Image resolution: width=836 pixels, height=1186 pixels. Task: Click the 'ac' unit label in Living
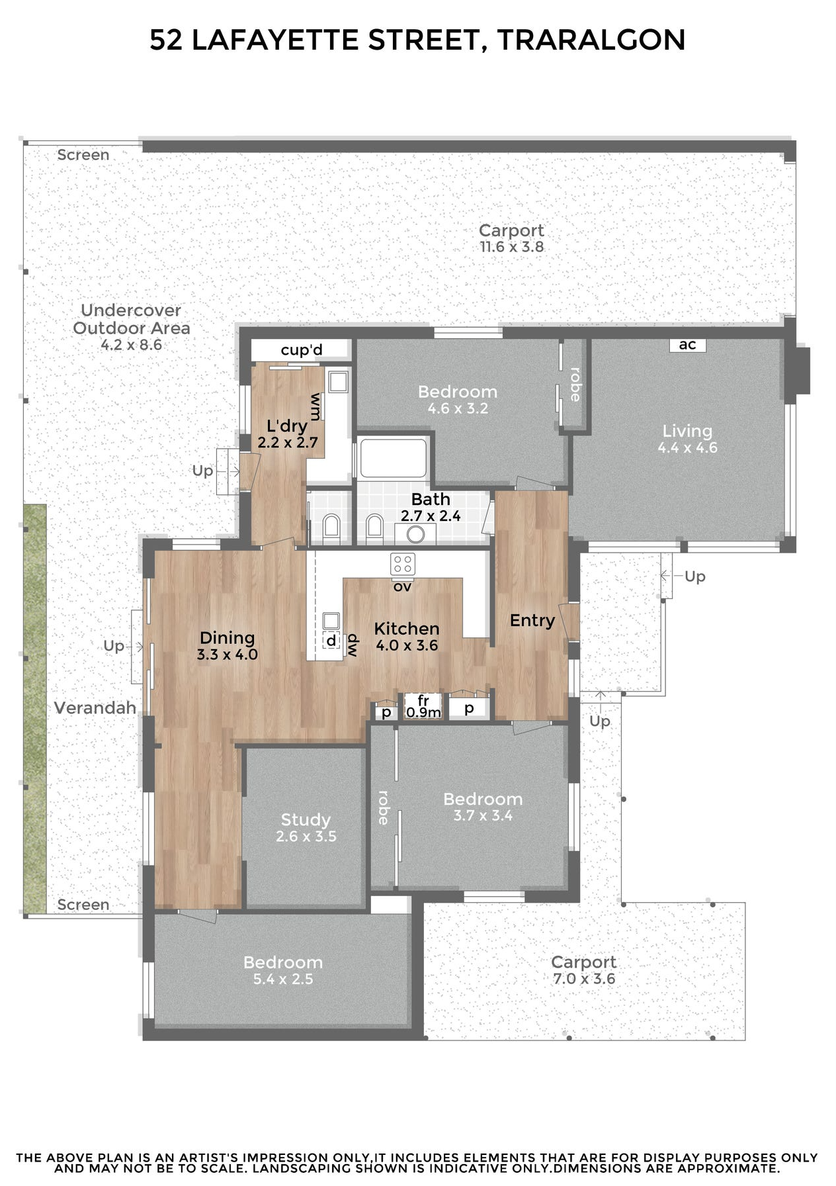pos(687,345)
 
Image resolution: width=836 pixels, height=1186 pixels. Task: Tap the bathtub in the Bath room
pos(393,457)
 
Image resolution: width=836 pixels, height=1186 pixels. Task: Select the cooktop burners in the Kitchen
pos(403,564)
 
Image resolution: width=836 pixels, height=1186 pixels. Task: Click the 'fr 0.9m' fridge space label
pos(423,706)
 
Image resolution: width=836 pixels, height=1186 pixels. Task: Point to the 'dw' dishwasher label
pos(353,645)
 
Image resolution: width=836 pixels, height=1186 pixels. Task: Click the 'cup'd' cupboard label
pos(302,350)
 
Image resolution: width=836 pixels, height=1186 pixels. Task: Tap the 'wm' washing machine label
pos(316,406)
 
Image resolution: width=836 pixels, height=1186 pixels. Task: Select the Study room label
pos(306,820)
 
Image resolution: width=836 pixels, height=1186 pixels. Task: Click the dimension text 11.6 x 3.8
pos(512,247)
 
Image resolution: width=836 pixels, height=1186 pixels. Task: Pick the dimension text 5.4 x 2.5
pos(283,979)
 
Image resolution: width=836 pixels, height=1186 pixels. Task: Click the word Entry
pos(532,621)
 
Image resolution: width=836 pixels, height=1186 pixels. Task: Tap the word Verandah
pos(95,708)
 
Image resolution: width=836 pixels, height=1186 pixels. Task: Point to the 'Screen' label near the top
pos(83,155)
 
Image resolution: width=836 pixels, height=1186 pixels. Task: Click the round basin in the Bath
pos(415,533)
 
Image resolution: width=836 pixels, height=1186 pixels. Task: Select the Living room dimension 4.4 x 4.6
pos(687,447)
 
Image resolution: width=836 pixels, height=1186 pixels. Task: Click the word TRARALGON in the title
pos(591,40)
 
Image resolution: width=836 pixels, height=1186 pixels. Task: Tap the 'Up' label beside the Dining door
pos(114,646)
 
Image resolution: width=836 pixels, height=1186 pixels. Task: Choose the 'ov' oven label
pos(402,586)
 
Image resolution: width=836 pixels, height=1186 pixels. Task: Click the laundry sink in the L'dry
pos(338,382)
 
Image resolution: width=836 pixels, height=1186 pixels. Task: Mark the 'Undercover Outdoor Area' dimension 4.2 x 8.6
pos(132,345)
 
